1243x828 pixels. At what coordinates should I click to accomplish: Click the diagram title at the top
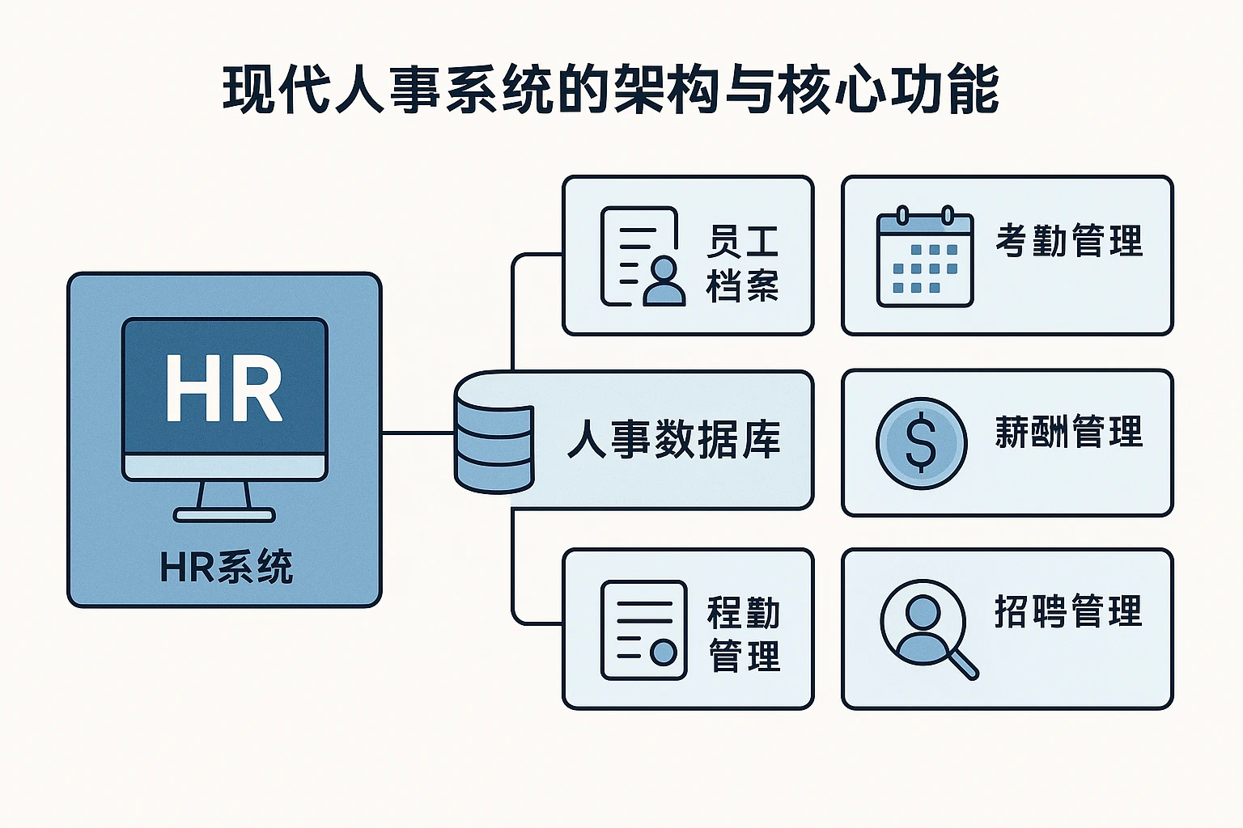(x=611, y=89)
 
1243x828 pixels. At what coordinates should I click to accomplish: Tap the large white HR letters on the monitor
(x=224, y=389)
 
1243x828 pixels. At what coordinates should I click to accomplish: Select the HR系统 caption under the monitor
(x=226, y=567)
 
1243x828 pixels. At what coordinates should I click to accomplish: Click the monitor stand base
(x=225, y=514)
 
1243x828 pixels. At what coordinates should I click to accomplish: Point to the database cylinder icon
(x=494, y=433)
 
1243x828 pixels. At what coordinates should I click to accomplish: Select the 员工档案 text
(x=742, y=264)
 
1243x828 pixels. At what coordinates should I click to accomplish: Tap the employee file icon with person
(x=642, y=256)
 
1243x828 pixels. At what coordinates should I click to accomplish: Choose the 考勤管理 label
(x=1068, y=241)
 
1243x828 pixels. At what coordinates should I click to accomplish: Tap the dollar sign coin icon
(x=921, y=443)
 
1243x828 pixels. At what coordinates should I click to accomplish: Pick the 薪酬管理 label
(x=1068, y=433)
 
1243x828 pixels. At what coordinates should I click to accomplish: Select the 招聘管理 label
(x=1068, y=611)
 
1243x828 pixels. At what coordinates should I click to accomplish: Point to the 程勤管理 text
(x=744, y=634)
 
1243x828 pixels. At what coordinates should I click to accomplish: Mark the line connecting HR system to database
(x=418, y=433)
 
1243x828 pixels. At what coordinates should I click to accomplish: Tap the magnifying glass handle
(x=963, y=664)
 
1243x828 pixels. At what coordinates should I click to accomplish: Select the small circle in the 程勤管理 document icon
(x=664, y=652)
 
